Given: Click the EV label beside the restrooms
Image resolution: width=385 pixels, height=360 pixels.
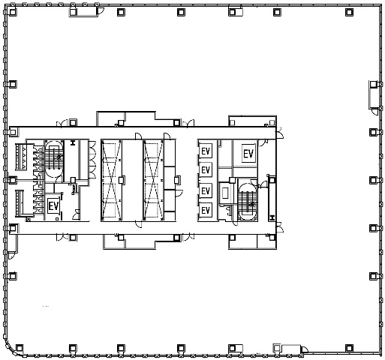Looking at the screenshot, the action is pyautogui.click(x=53, y=206).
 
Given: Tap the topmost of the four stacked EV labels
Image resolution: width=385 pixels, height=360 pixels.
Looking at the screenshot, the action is pyautogui.click(x=206, y=151).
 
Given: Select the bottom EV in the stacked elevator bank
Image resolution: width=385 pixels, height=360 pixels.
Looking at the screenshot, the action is pyautogui.click(x=206, y=210).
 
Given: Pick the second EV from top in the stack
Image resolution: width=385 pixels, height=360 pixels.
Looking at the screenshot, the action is pyautogui.click(x=206, y=170).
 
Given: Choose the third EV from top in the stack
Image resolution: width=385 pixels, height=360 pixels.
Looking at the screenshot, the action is pyautogui.click(x=206, y=191).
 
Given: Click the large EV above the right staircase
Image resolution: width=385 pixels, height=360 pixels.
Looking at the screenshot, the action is pyautogui.click(x=248, y=154).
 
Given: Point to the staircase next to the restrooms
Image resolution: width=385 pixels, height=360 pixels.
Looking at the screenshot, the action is pyautogui.click(x=54, y=159).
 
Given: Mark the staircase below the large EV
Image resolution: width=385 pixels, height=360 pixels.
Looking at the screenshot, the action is pyautogui.click(x=248, y=202).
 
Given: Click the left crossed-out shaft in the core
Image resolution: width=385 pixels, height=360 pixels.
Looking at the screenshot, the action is pyautogui.click(x=112, y=180).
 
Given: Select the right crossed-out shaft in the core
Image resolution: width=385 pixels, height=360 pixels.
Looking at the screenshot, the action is pyautogui.click(x=153, y=180).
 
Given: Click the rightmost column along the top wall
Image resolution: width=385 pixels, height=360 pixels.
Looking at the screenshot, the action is pyautogui.click(x=349, y=12).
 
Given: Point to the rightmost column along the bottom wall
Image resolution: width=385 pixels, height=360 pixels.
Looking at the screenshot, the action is pyautogui.click(x=349, y=348).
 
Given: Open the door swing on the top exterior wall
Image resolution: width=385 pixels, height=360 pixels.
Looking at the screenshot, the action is pyautogui.click(x=101, y=10).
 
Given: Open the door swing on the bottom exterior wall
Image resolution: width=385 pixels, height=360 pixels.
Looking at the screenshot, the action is pyautogui.click(x=305, y=349).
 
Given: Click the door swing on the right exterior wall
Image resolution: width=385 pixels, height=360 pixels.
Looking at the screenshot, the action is pyautogui.click(x=374, y=112).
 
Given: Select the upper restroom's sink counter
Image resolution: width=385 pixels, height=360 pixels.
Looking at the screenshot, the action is pyautogui.click(x=21, y=157).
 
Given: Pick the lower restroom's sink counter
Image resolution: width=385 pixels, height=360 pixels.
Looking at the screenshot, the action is pyautogui.click(x=21, y=203).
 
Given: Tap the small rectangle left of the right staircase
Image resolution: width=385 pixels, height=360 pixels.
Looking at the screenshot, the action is pyautogui.click(x=225, y=193).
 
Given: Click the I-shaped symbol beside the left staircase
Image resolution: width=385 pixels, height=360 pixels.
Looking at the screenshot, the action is pyautogui.click(x=73, y=143).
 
